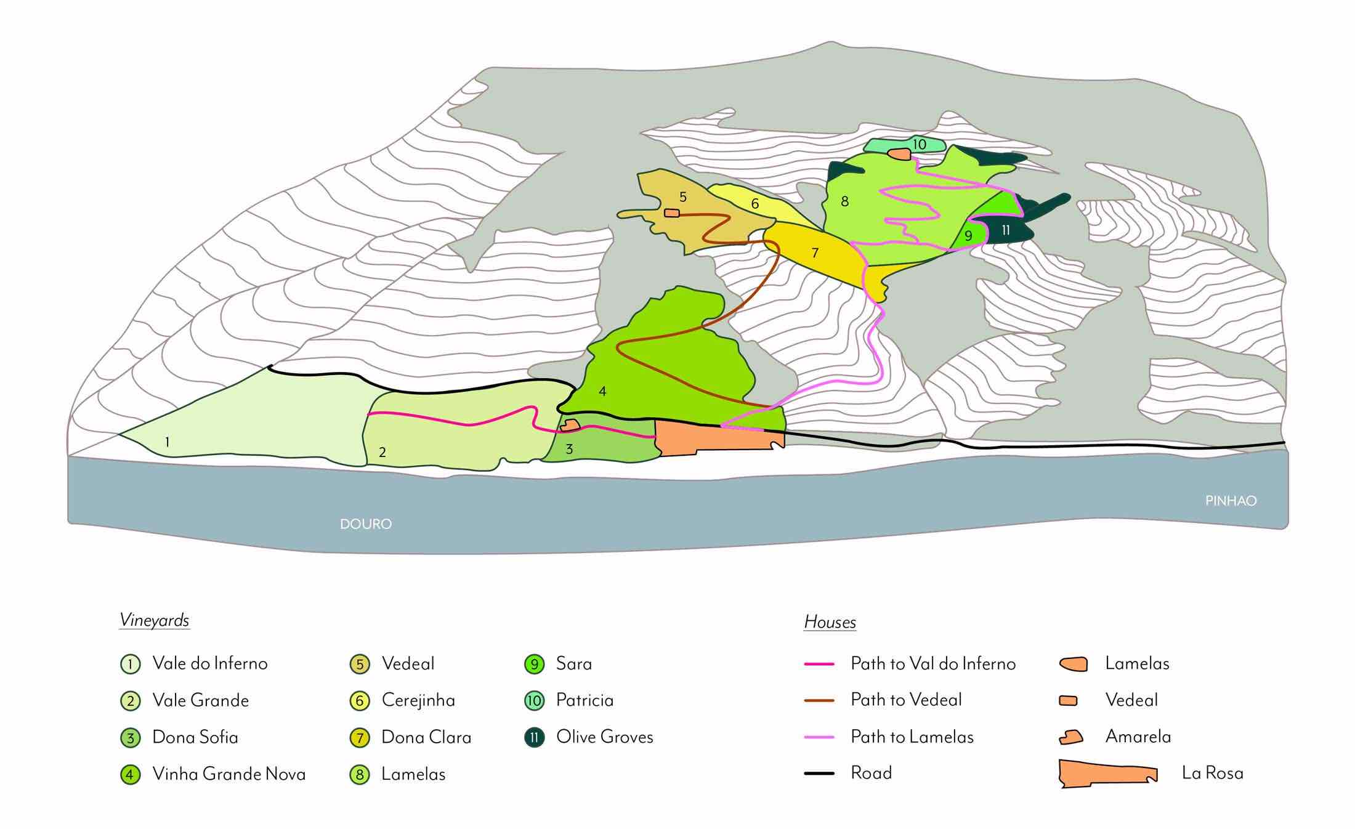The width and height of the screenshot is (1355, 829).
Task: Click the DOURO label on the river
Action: point(366,524)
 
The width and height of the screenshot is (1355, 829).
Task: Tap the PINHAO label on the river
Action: point(1231,501)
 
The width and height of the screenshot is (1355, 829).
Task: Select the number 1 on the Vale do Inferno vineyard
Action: point(167,442)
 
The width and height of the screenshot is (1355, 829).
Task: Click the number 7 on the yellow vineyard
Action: point(815,253)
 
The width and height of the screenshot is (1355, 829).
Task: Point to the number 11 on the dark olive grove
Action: point(1006,230)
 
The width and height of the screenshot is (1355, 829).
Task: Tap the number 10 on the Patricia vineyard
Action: point(919,144)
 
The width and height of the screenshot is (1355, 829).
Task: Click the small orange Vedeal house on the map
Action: point(672,213)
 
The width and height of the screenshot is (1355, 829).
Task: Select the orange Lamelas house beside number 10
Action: point(899,154)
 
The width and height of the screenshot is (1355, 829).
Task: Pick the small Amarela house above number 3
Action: point(570,425)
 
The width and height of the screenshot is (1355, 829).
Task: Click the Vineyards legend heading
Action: point(154,620)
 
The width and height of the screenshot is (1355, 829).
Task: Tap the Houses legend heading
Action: point(830,622)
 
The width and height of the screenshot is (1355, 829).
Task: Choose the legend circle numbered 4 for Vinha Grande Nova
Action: point(130,774)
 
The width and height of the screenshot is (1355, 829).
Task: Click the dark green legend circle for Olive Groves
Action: point(534,737)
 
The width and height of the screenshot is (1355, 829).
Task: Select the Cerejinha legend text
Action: point(418,700)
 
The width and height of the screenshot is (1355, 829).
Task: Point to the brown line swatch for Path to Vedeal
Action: point(819,700)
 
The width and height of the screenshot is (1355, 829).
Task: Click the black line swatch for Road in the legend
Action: point(819,773)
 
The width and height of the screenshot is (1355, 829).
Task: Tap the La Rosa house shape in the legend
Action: point(1107,774)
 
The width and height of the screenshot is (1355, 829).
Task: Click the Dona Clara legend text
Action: point(426,737)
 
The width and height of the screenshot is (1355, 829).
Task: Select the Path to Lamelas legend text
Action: point(912,737)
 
